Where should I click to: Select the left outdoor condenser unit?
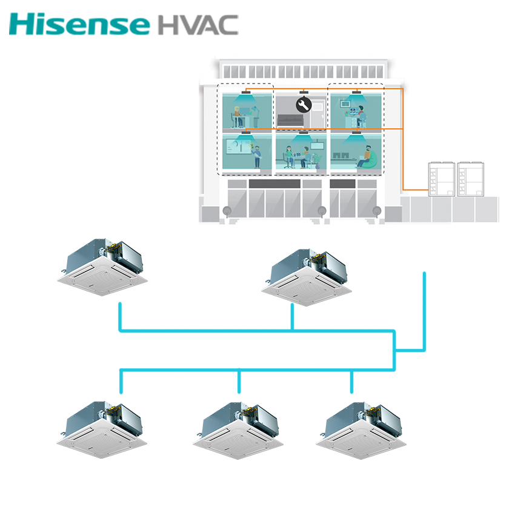click(440, 179)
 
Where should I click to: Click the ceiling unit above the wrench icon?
click(302, 93)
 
